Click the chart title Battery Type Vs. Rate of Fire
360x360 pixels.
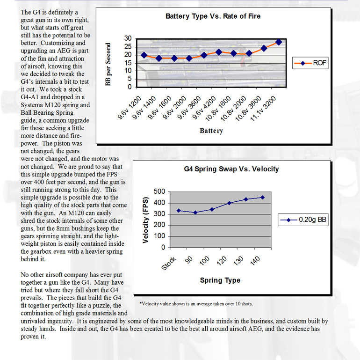(x=213, y=16)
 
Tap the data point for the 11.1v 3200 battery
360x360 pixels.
(x=279, y=42)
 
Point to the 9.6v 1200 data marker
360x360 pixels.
(x=144, y=55)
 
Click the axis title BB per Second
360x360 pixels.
(x=108, y=65)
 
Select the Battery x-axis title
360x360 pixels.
(x=211, y=131)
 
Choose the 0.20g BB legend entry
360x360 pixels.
(x=302, y=219)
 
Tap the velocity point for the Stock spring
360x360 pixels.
(x=179, y=211)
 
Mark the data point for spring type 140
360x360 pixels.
(x=262, y=197)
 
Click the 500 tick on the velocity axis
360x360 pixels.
(x=160, y=191)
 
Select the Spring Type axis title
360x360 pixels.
(x=220, y=280)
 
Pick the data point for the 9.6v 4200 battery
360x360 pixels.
(x=219, y=52)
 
